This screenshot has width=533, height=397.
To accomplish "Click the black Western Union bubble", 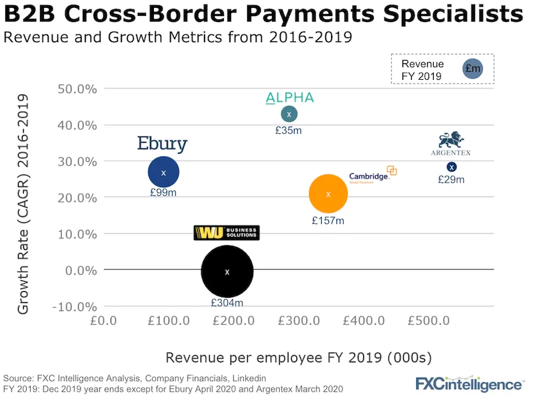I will pyautogui.click(x=227, y=272).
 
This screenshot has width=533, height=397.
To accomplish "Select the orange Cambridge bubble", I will pyautogui.click(x=328, y=195).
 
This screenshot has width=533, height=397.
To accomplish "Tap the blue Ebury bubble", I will pyautogui.click(x=163, y=173).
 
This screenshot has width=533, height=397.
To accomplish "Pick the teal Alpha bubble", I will pyautogui.click(x=289, y=115).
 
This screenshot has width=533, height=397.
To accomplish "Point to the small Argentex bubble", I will pyautogui.click(x=452, y=167).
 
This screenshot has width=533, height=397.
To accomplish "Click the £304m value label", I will pyautogui.click(x=227, y=302).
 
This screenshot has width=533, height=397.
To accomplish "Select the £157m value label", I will pyautogui.click(x=328, y=220).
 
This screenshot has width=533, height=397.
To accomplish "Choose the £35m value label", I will pyautogui.click(x=288, y=131).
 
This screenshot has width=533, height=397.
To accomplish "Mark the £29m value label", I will pyautogui.click(x=451, y=179).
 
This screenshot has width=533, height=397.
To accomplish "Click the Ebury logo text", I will pyautogui.click(x=162, y=144).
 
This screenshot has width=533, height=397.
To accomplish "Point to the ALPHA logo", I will pyautogui.click(x=289, y=99).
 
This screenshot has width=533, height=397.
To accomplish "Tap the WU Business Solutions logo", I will pyautogui.click(x=226, y=232).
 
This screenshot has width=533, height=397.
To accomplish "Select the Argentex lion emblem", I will pyautogui.click(x=451, y=140).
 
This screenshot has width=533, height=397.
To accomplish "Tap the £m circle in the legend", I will pyautogui.click(x=473, y=69).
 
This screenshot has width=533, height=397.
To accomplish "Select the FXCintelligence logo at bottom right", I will pyautogui.click(x=469, y=384).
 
